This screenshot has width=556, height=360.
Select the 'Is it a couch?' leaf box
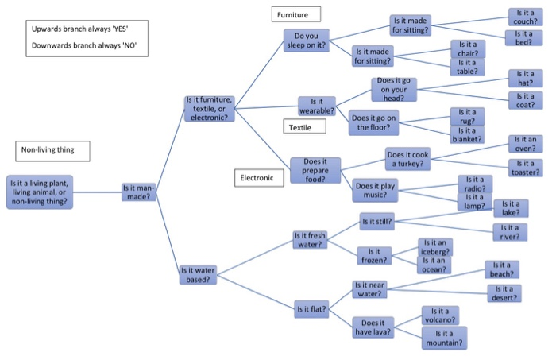[525, 17]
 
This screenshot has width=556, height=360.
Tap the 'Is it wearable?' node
[316, 106]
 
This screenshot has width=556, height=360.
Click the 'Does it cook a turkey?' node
[409, 158]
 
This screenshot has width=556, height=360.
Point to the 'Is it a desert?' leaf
[504, 293]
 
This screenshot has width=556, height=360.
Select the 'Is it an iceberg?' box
[436, 246]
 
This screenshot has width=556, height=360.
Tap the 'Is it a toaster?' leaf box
[526, 167]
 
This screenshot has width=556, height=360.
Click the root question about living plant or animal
[40, 192]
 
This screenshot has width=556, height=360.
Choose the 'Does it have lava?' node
[373, 328]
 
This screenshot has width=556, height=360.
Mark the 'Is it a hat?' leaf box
[525, 78]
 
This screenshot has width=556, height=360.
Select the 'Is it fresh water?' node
[310, 240]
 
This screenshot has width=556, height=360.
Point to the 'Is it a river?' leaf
[509, 231]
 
